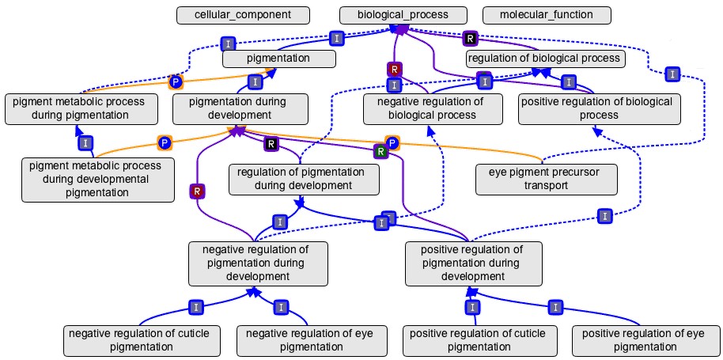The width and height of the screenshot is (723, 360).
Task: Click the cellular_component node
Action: click(232, 14)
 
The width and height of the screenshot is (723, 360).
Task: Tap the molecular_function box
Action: click(546, 14)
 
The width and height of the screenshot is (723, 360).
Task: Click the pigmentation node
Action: click(278, 58)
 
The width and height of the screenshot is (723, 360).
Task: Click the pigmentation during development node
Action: click(238, 108)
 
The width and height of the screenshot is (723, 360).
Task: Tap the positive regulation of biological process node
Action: click(599, 108)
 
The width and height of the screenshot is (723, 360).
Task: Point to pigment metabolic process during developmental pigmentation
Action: click(96, 179)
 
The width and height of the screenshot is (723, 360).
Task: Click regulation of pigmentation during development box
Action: click(304, 179)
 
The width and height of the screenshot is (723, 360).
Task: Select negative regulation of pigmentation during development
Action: click(256, 263)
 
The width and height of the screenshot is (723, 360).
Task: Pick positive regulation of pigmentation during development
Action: click(474, 263)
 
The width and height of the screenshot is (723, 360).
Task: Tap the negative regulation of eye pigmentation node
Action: click(305, 340)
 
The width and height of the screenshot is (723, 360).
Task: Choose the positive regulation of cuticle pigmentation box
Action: click(478, 340)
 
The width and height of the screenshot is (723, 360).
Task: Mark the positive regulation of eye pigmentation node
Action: click(643, 340)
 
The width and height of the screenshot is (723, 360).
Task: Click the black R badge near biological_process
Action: click(471, 38)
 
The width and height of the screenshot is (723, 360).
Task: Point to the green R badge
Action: click(380, 151)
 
